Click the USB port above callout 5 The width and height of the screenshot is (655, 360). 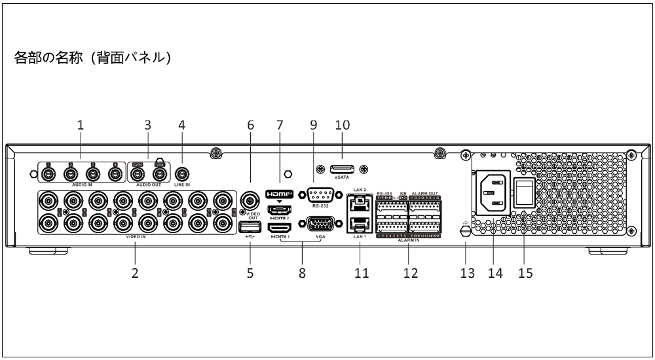point(250,226)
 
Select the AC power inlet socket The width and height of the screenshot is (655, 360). point(492,192)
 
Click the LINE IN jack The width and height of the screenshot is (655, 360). point(182,174)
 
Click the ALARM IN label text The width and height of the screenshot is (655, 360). point(407,241)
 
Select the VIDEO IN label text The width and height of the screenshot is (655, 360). point(136,239)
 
